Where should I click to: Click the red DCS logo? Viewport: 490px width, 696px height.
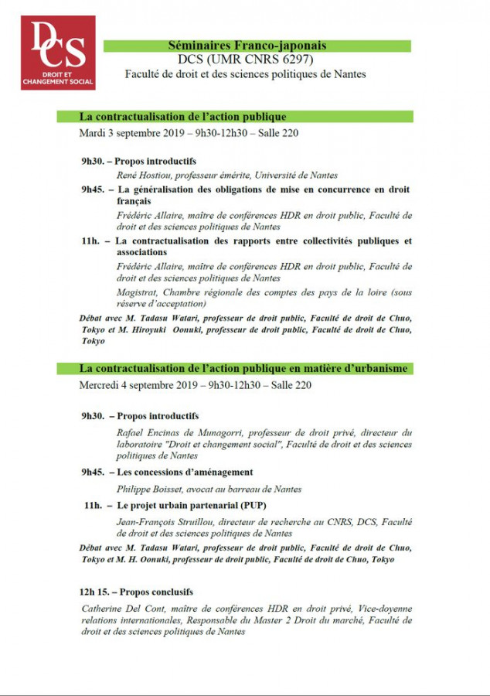pyautogui.click(x=58, y=53)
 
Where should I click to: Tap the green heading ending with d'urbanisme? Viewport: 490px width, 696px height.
pyautogui.click(x=244, y=369)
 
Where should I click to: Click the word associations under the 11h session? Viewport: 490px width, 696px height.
pyautogui.click(x=142, y=252)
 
